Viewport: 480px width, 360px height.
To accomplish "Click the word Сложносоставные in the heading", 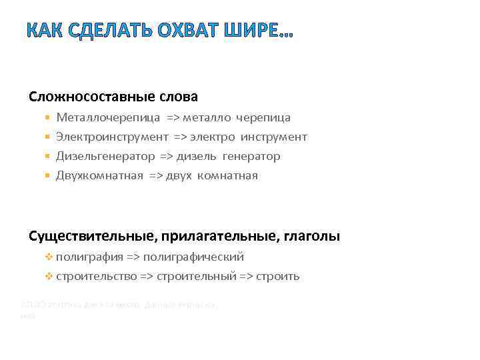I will [x=91, y=97].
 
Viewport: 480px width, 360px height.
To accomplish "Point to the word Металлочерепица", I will [x=108, y=118].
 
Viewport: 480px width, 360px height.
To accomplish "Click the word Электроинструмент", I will [x=112, y=137].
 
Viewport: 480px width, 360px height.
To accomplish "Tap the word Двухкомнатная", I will [x=100, y=176].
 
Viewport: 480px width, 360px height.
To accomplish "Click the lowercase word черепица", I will [x=264, y=118].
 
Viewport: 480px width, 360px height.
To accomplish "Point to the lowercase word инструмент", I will [x=274, y=137].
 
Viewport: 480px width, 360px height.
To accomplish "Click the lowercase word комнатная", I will [x=227, y=176].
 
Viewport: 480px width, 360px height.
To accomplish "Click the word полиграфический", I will [x=193, y=257].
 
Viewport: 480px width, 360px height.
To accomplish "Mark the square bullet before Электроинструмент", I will [x=47, y=137].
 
